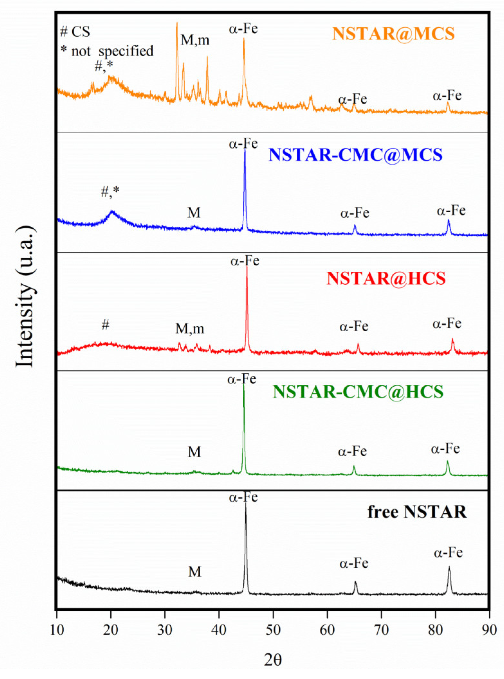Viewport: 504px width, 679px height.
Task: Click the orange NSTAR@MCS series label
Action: pyautogui.click(x=393, y=34)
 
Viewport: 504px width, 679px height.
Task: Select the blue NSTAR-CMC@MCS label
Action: pyautogui.click(x=355, y=155)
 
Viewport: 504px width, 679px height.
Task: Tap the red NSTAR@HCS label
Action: pyautogui.click(x=386, y=279)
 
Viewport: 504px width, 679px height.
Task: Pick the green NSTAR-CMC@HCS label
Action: pyautogui.click(x=358, y=392)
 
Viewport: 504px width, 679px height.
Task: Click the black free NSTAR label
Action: pyautogui.click(x=417, y=512)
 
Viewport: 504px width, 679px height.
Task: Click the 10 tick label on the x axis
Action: pyautogui.click(x=57, y=629)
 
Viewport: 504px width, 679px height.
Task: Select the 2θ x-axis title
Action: pyautogui.click(x=273, y=660)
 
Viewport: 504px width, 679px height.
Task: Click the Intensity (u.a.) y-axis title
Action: pyautogui.click(x=25, y=296)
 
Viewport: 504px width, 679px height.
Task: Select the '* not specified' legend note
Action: pyautogui.click(x=107, y=51)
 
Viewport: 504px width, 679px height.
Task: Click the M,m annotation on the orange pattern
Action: pyautogui.click(x=195, y=40)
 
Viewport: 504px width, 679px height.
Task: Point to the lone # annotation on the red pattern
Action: pyautogui.click(x=105, y=325)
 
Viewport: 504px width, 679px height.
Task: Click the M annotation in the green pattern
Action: pyautogui.click(x=194, y=452)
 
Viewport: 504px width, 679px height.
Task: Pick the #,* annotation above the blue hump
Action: pyautogui.click(x=110, y=191)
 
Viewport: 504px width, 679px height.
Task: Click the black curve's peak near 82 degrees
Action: pyautogui.click(x=449, y=568)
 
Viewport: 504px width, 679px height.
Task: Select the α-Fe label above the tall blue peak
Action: pyautogui.click(x=243, y=143)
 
